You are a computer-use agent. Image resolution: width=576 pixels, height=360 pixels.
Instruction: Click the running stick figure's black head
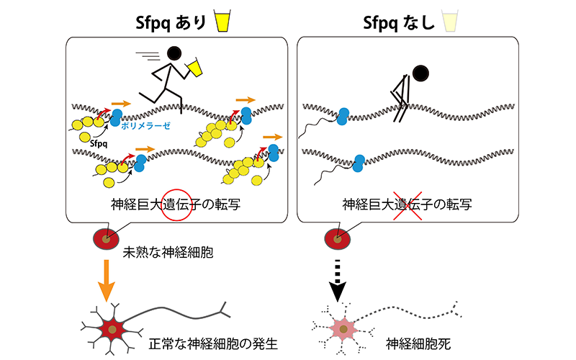pos(174,53)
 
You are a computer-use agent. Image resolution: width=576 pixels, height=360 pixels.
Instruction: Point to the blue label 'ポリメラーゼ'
pos(147,124)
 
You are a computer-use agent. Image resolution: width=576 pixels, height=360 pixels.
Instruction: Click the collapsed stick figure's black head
pos(420,72)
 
